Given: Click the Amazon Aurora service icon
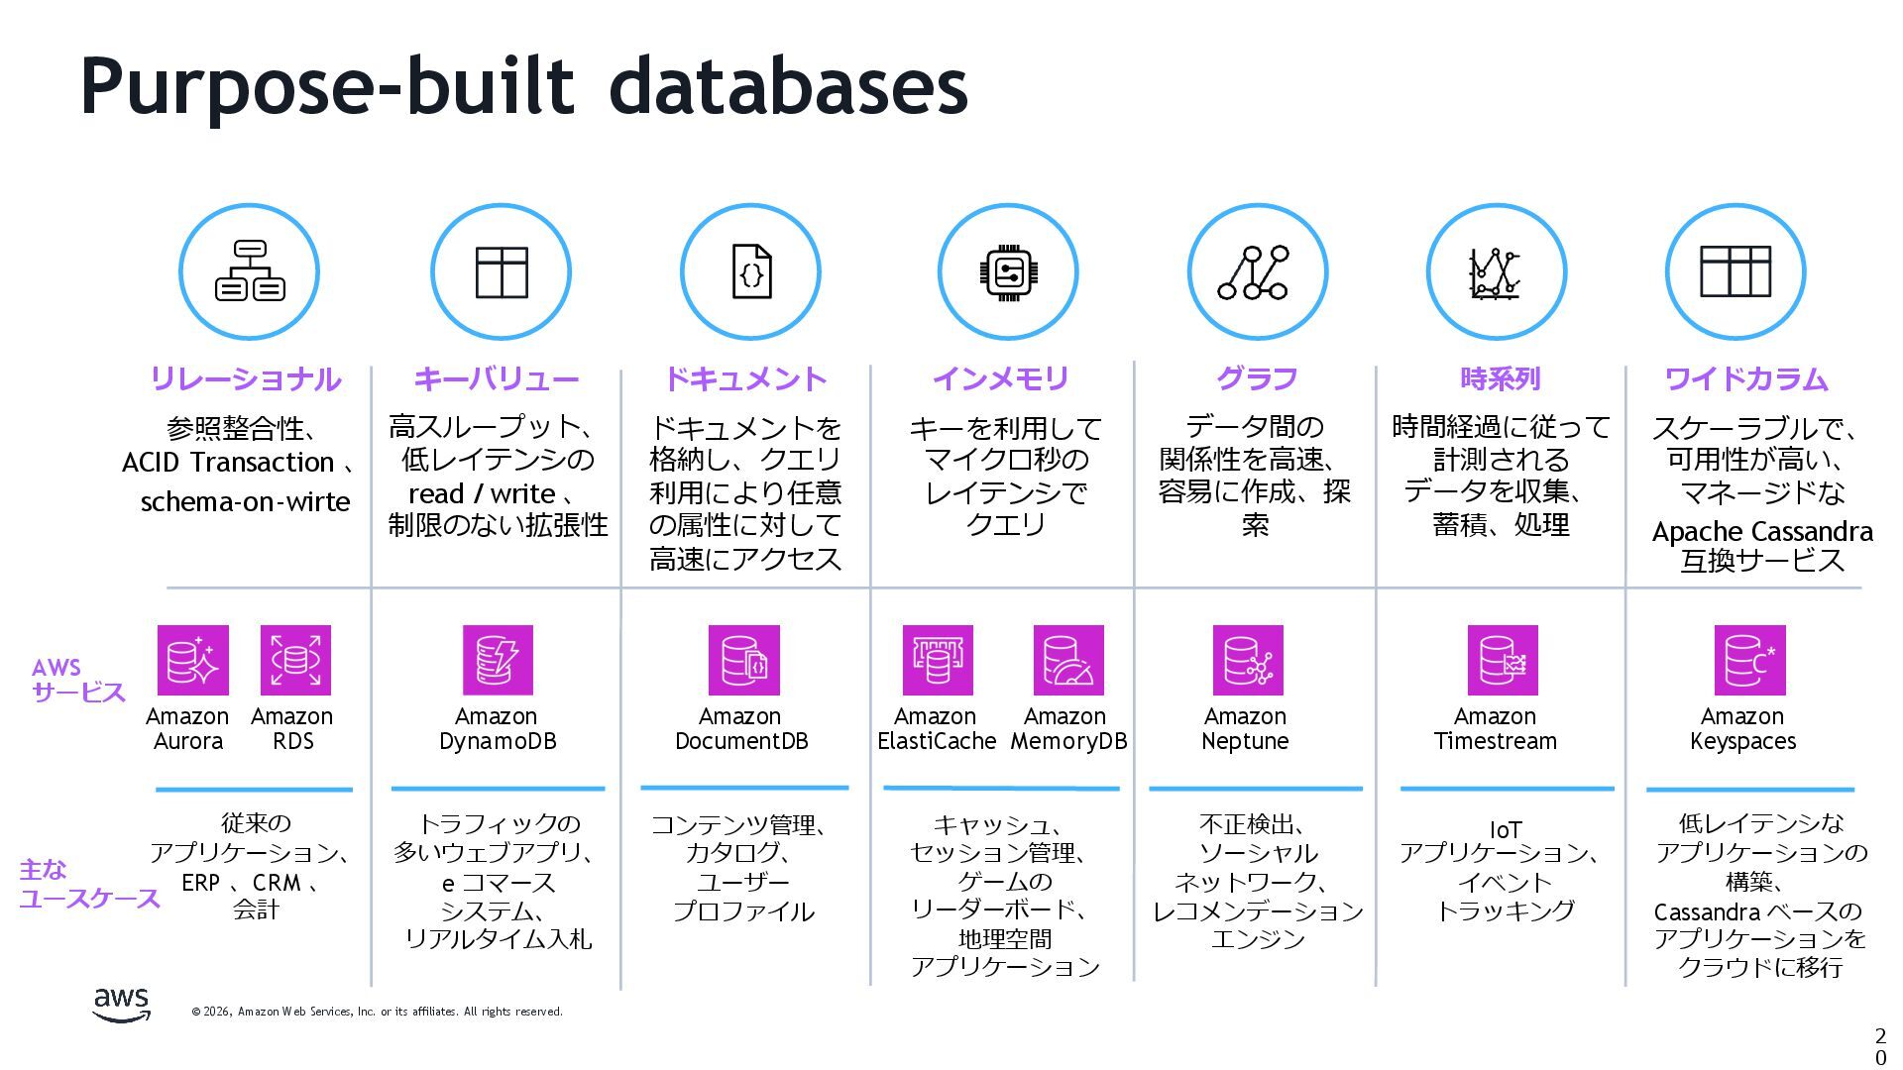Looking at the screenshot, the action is click(x=192, y=660).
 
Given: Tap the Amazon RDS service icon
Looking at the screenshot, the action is click(x=295, y=660).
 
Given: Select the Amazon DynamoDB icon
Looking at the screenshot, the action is click(x=498, y=660).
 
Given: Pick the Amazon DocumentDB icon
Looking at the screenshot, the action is click(x=743, y=660).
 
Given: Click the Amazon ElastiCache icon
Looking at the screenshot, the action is click(x=938, y=660).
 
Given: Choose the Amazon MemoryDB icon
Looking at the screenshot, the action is click(x=1068, y=660).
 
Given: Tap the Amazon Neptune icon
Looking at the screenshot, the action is click(x=1248, y=660).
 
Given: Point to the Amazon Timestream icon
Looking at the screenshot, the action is click(x=1503, y=660).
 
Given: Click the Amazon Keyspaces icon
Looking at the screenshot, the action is click(x=1749, y=660).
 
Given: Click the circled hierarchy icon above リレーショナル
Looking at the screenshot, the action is click(x=249, y=271).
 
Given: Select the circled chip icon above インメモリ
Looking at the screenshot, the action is click(x=1007, y=271).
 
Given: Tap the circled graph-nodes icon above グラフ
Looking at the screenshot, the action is click(x=1257, y=271).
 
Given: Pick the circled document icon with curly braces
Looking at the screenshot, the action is click(x=750, y=271).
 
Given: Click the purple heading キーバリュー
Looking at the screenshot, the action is click(x=497, y=378).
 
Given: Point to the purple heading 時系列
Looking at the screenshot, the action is click(x=1500, y=378).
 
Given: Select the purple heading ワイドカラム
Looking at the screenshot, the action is click(x=1745, y=378).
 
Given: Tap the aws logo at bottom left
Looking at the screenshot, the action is click(x=122, y=1004).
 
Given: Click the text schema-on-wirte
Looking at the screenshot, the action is click(x=245, y=501).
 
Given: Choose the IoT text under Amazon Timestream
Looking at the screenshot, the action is click(x=1505, y=829).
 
